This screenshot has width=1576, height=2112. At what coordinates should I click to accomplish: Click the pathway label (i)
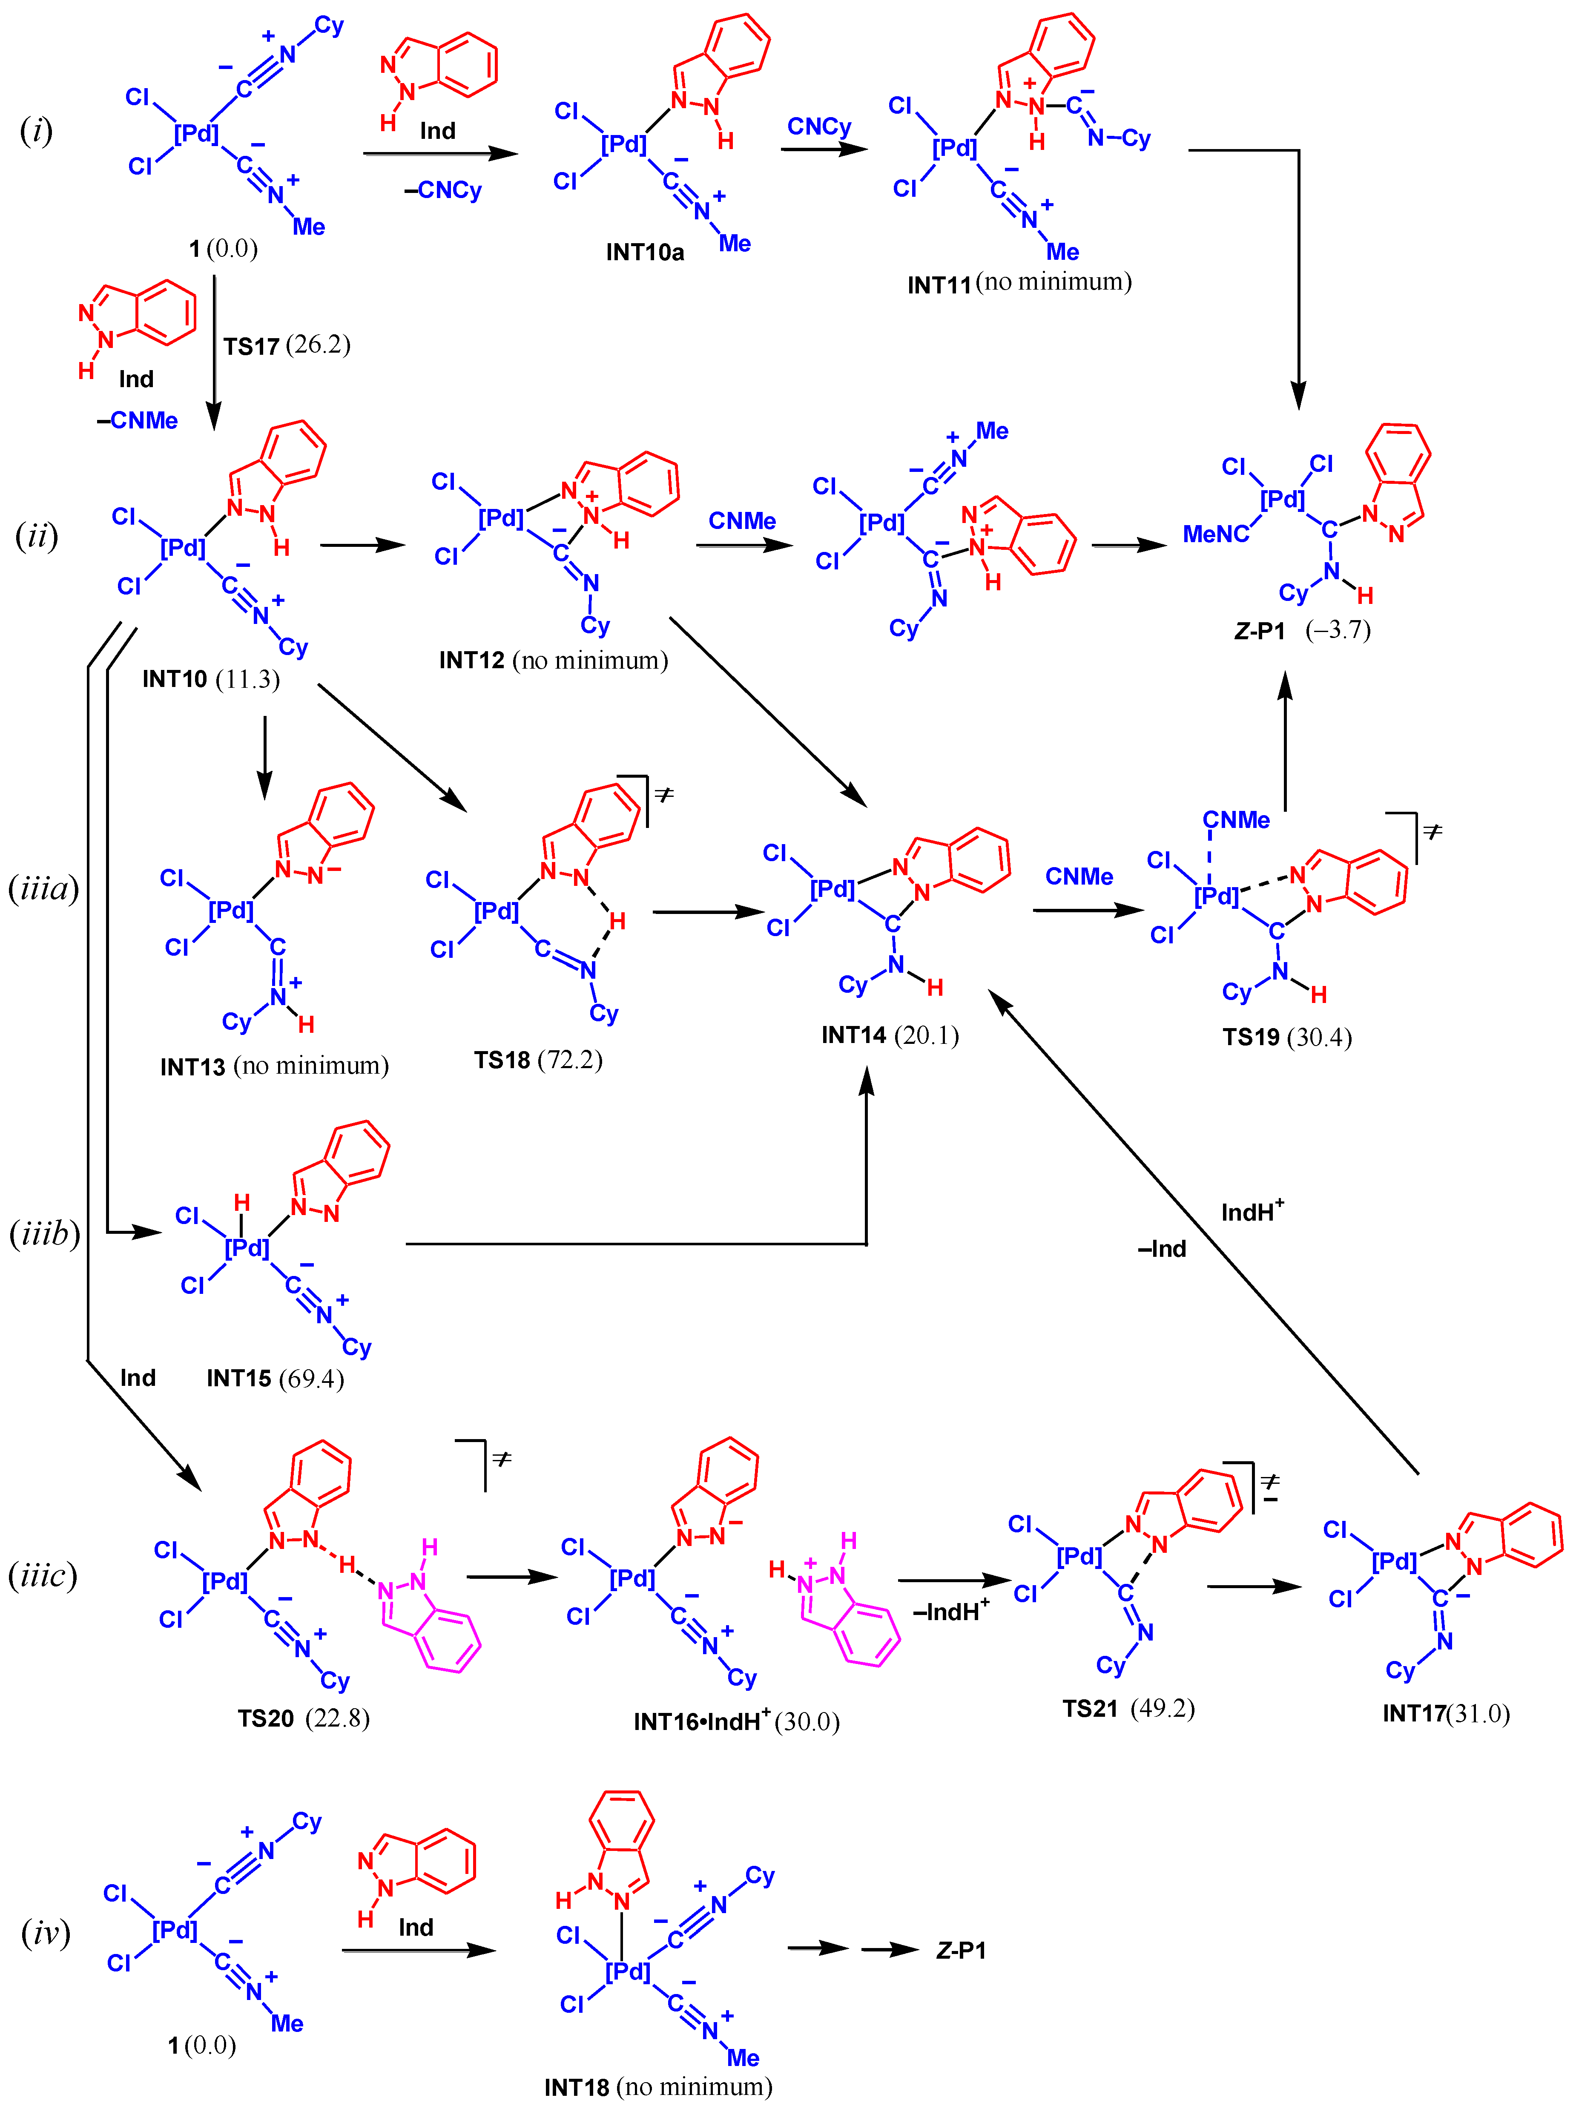pos(36,131)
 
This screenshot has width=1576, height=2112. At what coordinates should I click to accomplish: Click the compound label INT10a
pos(645,252)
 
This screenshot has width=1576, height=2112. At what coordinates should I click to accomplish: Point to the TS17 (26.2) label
pos(286,345)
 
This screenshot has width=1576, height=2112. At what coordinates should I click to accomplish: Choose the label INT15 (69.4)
pos(275,1379)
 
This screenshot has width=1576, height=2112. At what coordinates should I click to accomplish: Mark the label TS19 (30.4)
pos(1287,1037)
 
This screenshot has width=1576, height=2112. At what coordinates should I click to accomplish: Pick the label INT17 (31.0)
pos(1445,1713)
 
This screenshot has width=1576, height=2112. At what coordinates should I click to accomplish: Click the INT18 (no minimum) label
pos(657,2087)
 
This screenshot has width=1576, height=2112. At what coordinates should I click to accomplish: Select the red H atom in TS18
pos(617,920)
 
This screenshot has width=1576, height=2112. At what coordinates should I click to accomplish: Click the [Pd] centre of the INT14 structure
pos(832,889)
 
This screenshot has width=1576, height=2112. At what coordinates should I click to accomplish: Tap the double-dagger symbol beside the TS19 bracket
pos(1432,832)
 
